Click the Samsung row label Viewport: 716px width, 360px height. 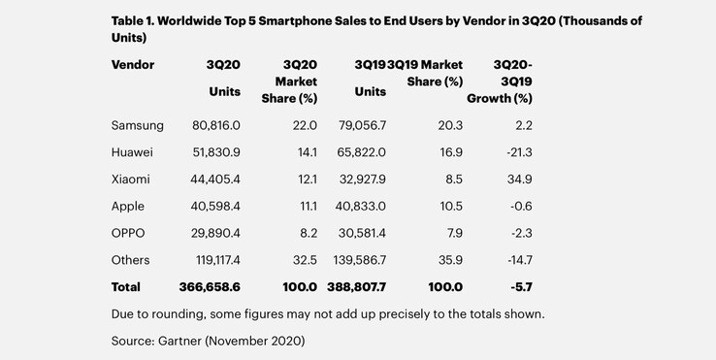click(138, 126)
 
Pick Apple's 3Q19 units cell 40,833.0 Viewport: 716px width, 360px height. click(357, 207)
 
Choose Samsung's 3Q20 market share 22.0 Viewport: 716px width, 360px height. click(303, 126)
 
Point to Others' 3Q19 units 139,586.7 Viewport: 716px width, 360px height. click(354, 261)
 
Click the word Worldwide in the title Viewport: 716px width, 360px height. click(201, 19)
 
